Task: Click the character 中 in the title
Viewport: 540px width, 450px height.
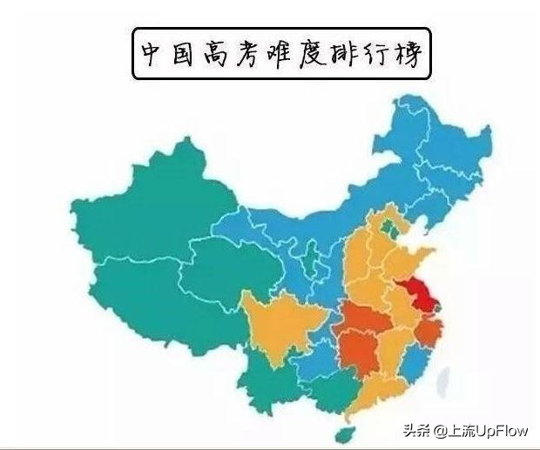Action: (152, 54)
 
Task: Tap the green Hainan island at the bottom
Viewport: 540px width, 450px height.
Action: (335, 433)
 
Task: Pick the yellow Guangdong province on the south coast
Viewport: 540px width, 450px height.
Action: (375, 396)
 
